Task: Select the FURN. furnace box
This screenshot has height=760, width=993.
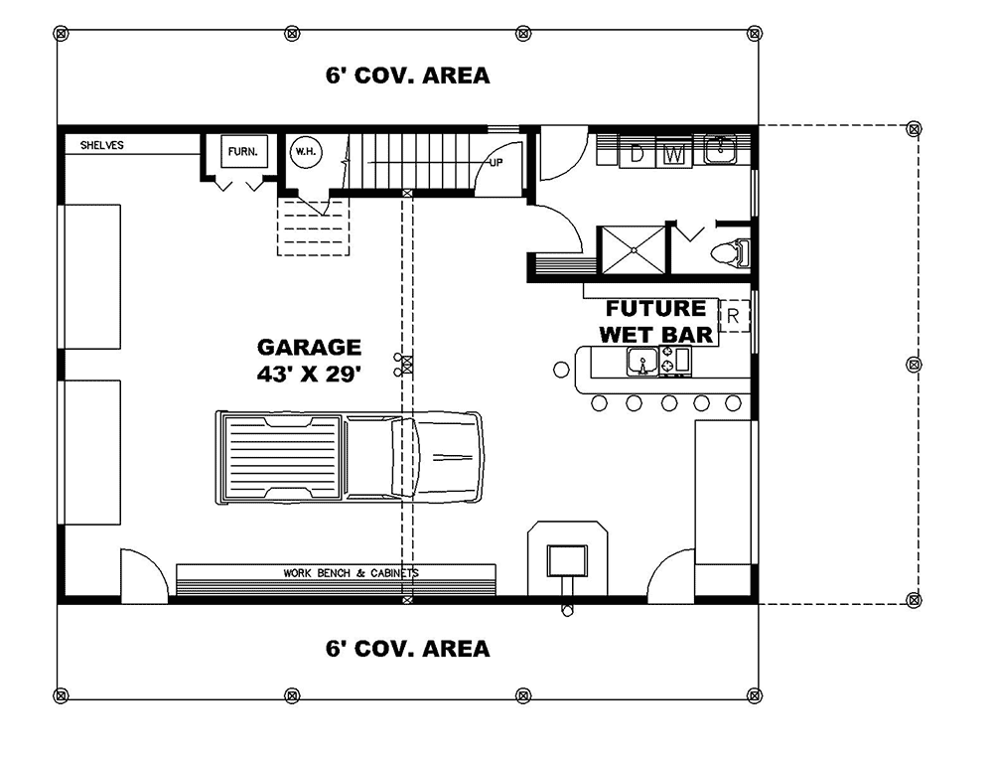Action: coord(241,153)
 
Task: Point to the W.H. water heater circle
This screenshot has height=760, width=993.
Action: coord(303,152)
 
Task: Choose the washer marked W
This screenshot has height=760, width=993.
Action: coord(673,153)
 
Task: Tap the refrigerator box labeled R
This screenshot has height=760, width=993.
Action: coord(734,317)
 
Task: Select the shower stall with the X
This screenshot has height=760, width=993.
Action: coord(629,248)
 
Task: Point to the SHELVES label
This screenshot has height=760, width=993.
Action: coord(102,145)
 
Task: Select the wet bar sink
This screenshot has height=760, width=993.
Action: coord(641,363)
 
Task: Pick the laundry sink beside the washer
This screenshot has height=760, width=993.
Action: coord(719,150)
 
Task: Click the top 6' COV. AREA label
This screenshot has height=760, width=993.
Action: coord(407,76)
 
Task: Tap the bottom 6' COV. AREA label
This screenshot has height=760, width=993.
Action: coord(407,649)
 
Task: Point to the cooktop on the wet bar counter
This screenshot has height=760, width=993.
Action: coord(674,363)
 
